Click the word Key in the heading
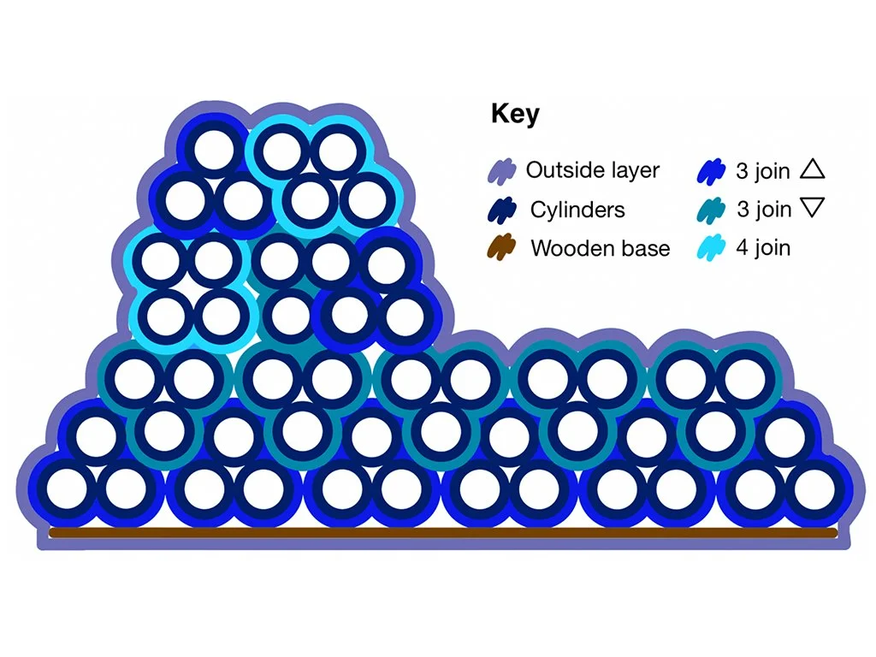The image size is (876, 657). tap(515, 115)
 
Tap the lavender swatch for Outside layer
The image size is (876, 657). tap(500, 170)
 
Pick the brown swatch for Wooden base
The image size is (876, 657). tap(500, 249)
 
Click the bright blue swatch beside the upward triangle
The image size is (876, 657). tap(712, 170)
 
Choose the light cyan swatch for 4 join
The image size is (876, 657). tap(712, 249)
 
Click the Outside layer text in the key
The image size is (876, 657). tap(592, 170)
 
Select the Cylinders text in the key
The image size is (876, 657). tap(577, 210)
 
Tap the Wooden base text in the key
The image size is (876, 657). tap(600, 249)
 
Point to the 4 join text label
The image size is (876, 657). tap(763, 249)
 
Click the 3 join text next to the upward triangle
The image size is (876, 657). tap(763, 170)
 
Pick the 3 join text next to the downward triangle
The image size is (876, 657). tap(763, 210)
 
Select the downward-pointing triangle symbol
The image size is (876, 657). tap(813, 208)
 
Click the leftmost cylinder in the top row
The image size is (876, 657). tap(215, 150)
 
